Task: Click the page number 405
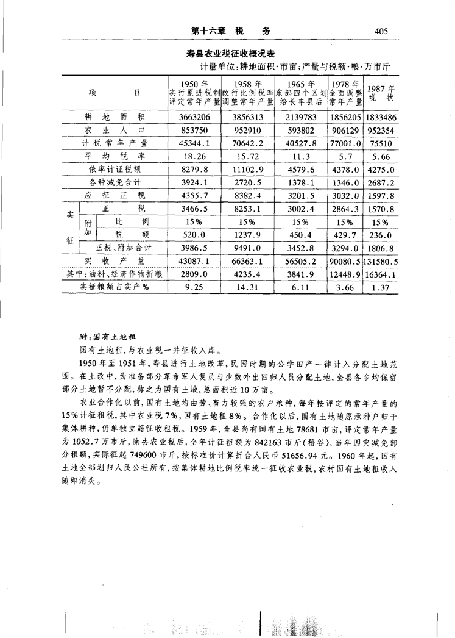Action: (x=382, y=30)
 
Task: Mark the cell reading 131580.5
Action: (x=382, y=262)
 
